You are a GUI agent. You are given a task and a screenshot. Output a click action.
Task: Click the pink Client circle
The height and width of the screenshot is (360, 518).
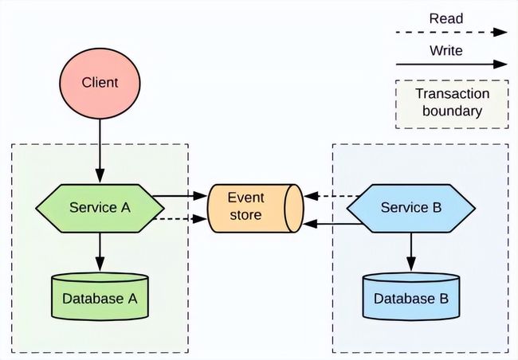[100, 83]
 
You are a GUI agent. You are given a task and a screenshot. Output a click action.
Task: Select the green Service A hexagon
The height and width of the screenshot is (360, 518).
[100, 209]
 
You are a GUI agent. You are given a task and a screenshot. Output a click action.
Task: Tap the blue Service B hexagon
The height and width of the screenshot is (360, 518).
[411, 209]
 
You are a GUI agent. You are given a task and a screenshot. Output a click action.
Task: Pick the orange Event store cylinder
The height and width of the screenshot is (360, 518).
[255, 209]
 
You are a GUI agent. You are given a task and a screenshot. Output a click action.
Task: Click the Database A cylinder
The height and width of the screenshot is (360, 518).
[100, 296]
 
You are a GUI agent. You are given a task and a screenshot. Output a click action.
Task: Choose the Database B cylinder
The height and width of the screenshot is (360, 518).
[411, 296]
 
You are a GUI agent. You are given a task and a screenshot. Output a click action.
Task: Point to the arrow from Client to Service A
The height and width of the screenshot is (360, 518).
[100, 151]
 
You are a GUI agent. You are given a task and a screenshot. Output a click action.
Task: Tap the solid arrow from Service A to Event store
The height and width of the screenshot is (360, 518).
[180, 196]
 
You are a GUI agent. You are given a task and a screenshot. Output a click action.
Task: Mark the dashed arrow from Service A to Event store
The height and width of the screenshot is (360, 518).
[180, 219]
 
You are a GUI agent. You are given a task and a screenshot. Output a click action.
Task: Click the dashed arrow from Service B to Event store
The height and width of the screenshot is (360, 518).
[332, 196]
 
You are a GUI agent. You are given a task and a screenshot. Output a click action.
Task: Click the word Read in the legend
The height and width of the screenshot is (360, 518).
[446, 18]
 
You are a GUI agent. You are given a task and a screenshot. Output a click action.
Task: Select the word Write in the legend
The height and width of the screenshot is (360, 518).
[446, 50]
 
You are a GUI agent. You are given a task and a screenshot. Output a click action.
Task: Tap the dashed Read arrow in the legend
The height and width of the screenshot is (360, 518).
[452, 33]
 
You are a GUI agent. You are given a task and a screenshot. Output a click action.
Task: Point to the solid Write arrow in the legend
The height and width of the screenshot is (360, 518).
[452, 65]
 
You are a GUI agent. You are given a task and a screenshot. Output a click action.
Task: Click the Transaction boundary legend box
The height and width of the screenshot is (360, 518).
[452, 104]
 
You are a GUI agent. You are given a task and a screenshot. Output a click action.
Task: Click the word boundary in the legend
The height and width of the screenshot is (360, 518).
[452, 111]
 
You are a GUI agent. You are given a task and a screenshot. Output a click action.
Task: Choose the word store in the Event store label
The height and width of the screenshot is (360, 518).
[245, 215]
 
